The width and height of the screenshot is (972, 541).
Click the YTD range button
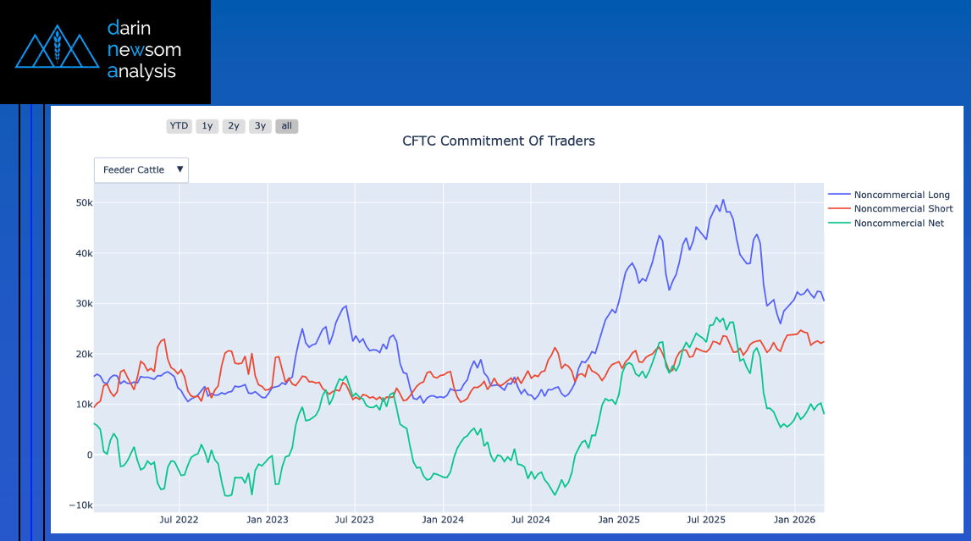(179, 126)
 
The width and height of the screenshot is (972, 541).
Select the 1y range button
(207, 126)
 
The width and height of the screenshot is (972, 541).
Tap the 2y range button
(234, 126)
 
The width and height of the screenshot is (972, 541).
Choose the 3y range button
(260, 126)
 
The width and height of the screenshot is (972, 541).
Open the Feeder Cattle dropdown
(141, 170)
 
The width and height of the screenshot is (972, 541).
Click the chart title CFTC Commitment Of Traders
(499, 141)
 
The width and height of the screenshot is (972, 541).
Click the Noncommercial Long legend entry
(902, 195)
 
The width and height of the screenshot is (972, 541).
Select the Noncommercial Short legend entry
(903, 208)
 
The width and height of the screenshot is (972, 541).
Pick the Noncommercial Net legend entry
(898, 223)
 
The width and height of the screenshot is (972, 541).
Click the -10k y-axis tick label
(81, 505)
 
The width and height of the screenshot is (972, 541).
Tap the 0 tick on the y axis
(89, 455)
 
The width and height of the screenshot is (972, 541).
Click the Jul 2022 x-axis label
(179, 520)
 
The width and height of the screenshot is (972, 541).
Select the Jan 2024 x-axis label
(443, 520)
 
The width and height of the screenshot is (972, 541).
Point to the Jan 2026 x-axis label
(794, 520)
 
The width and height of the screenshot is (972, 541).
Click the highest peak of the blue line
(723, 200)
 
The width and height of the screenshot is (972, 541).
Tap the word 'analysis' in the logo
(141, 71)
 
